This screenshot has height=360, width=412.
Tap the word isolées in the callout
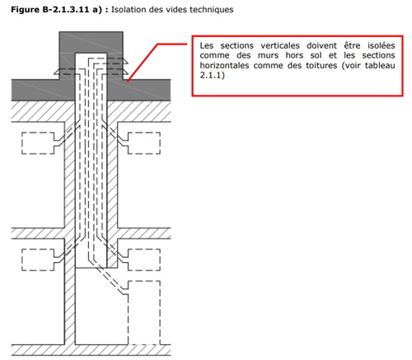(382, 45)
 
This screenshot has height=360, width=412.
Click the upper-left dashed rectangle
(38, 143)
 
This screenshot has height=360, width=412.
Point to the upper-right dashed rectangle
(144, 143)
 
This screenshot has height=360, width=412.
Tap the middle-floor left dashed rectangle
(38, 259)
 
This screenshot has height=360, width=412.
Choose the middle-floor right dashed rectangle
(144, 259)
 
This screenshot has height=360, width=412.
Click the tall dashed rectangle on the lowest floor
(144, 312)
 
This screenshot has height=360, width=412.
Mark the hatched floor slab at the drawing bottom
(91, 350)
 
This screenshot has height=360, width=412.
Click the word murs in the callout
(268, 55)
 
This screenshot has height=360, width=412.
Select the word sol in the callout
(316, 55)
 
